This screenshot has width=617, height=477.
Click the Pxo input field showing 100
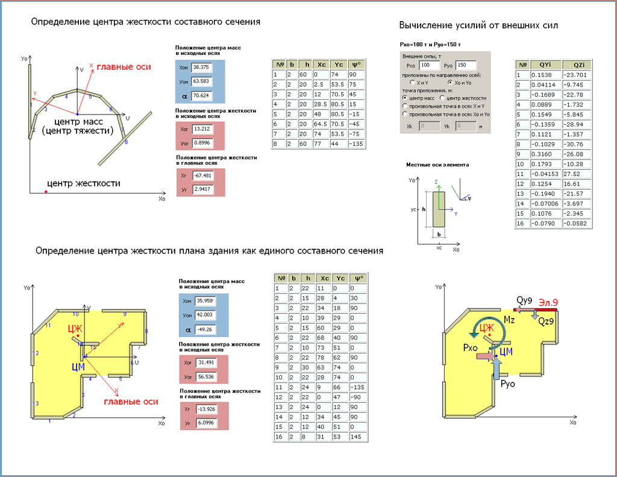coord(430,65)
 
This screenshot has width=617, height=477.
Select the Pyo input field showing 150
coord(466,65)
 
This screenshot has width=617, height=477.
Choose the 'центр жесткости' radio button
coord(443,98)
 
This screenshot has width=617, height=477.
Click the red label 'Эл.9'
coord(548,301)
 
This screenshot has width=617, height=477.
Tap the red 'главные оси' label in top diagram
coord(124,67)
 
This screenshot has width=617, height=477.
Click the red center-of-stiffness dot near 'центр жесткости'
coord(46,192)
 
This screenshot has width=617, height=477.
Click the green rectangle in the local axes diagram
coord(440,209)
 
